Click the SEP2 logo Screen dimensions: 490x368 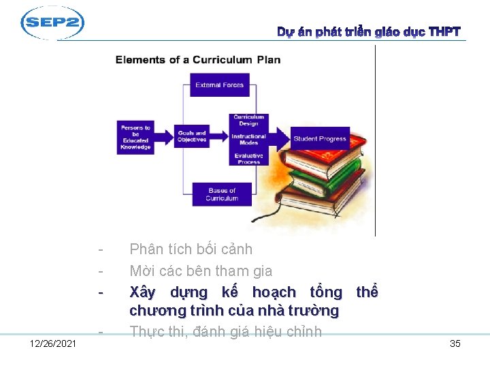pos(52,23)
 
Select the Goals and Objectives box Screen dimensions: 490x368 pos(191,136)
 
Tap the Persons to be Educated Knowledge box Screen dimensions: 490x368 pos(135,137)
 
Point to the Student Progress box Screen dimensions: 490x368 pos(319,138)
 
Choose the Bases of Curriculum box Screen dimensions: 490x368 pos(222,194)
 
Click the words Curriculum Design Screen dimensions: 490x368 pos(248,120)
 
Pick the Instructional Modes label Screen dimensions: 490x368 pos(248,139)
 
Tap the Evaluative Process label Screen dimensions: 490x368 pos(248,159)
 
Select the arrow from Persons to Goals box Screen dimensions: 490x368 pos(164,137)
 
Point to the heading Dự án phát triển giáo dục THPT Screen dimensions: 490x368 pos(368,32)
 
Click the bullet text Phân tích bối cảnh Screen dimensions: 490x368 pos(191,249)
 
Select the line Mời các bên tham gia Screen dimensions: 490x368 pos(201,271)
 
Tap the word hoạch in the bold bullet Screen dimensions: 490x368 pos(274,292)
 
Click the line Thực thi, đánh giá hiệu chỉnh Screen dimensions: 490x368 pos(225,332)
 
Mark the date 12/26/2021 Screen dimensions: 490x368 pos(54,343)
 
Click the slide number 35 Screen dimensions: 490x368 pos(455,343)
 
